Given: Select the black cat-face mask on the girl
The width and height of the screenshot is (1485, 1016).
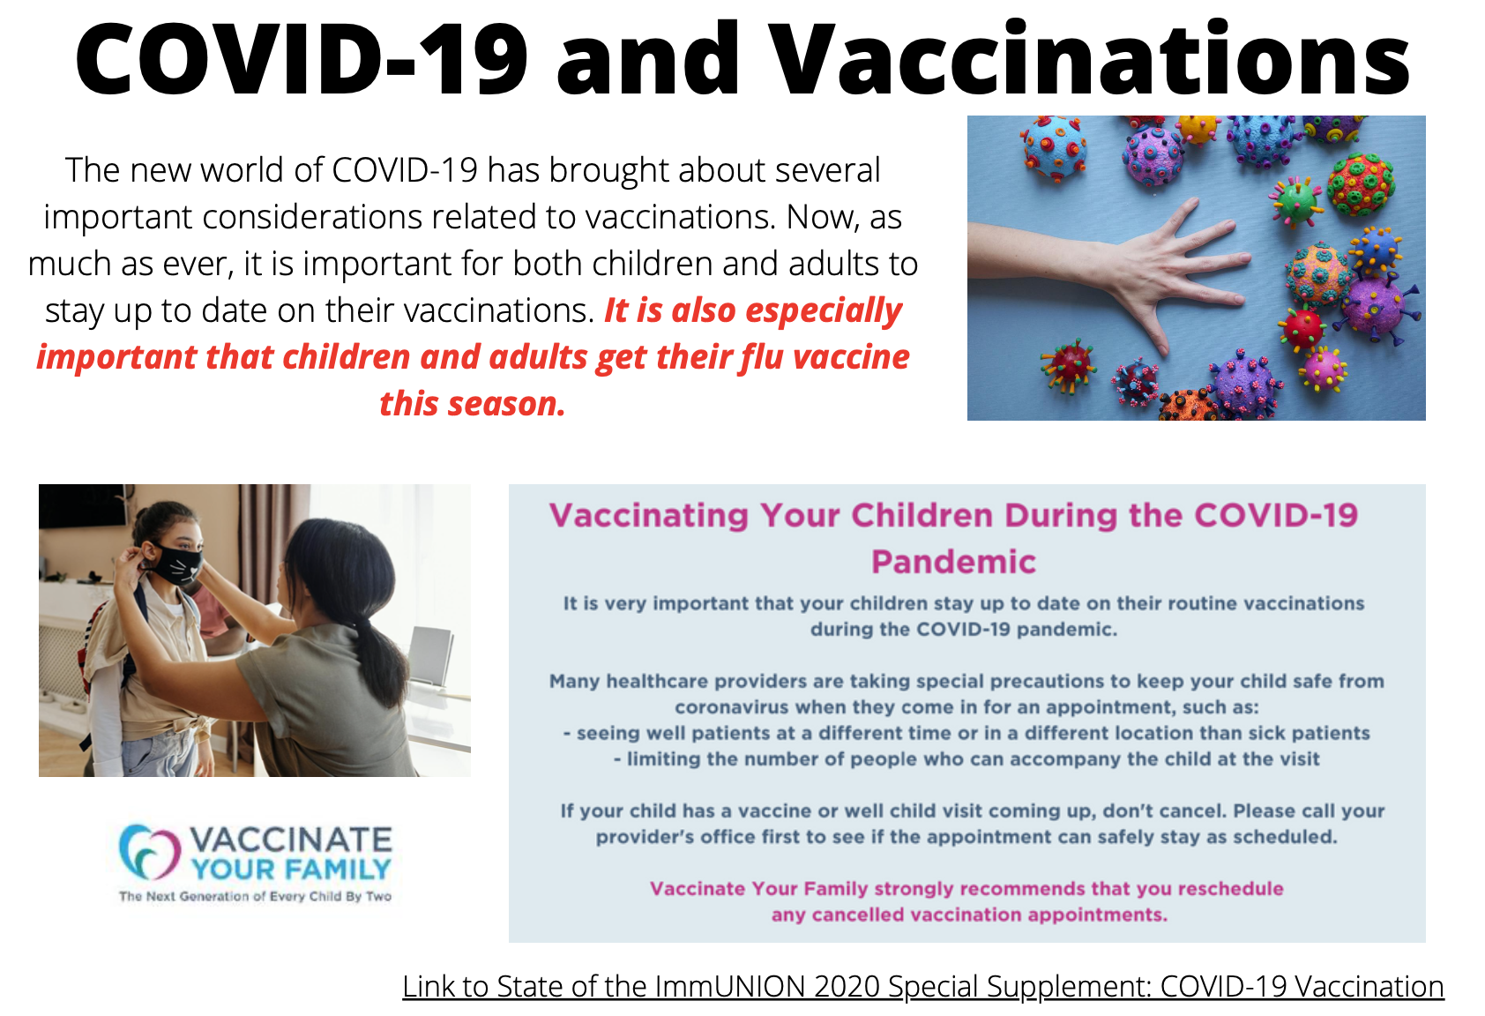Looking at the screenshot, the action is [176, 564].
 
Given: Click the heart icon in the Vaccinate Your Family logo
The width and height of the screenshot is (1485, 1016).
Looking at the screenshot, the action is [150, 852].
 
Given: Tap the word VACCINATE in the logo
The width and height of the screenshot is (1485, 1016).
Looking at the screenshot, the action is [292, 840].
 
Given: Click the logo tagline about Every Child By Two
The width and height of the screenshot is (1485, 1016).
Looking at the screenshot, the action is [255, 897].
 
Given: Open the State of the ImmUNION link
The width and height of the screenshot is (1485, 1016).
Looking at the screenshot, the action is [922, 986].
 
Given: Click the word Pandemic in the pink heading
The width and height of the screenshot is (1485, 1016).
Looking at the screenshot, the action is [953, 562].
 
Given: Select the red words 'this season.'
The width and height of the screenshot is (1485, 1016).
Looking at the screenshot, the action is [472, 403].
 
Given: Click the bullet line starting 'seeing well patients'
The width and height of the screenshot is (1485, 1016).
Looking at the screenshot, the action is [966, 733].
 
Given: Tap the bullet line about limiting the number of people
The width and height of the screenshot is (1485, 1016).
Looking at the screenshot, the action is [966, 758].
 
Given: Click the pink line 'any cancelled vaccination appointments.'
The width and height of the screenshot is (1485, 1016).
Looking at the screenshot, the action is [969, 915].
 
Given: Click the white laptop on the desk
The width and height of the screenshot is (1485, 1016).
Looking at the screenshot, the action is [431, 656].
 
